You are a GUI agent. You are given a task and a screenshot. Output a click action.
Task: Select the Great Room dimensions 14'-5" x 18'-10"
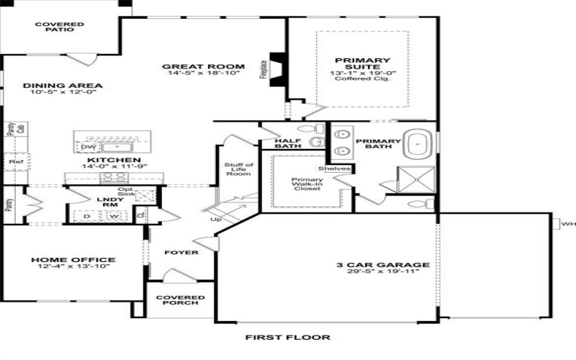[x=202, y=73]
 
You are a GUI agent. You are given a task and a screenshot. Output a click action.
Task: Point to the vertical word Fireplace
[x=263, y=68]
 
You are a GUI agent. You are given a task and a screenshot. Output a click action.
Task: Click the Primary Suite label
[x=362, y=65]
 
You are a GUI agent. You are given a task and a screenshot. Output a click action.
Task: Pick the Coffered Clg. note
[x=362, y=79]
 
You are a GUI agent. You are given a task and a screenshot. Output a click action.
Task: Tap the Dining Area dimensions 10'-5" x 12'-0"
[x=53, y=93]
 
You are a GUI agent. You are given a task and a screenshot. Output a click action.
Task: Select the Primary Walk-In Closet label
[x=307, y=188]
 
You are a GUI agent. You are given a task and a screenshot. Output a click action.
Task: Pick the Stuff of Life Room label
[x=238, y=170]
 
